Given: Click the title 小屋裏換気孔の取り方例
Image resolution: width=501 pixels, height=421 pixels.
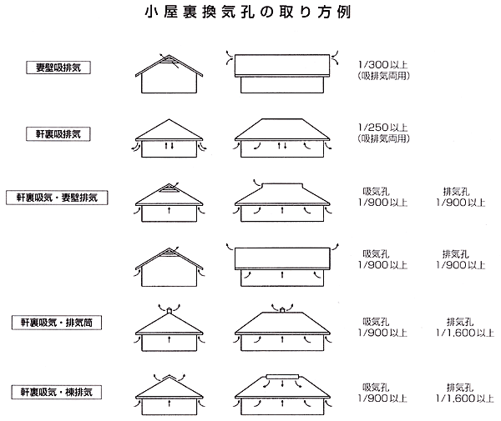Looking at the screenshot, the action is coord(248,13).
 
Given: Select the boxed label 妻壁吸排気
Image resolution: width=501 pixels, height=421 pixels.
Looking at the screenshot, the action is coord(58,68).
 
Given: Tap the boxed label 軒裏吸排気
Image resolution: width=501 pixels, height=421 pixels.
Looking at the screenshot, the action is coord(58,134).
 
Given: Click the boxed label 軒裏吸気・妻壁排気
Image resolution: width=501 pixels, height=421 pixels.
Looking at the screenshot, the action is coord(57,198).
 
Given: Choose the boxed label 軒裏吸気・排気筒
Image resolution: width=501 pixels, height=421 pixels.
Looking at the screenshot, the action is coord(57,323).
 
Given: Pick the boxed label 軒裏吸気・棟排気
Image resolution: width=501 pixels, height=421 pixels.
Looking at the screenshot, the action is coord(57,392).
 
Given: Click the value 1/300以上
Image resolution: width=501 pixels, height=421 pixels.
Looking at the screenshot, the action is coord(382,65).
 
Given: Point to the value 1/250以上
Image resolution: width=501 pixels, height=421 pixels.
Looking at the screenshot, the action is coord(382,128).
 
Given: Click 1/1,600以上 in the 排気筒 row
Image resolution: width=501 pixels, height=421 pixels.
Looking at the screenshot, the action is coord(465,333).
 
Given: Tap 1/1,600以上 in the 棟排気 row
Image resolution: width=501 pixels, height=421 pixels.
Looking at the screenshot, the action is coord(465,398).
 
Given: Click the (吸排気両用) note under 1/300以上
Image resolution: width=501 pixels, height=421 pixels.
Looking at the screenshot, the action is coord(383,76).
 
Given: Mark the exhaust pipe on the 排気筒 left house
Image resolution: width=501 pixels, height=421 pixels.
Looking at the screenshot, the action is coord(169,310).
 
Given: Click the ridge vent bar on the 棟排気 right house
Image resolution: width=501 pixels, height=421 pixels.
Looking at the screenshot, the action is coord(282,376).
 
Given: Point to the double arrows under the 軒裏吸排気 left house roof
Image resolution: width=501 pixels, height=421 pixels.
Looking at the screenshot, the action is coord(169,146).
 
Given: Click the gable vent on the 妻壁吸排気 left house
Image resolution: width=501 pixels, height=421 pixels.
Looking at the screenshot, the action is coord(169,61).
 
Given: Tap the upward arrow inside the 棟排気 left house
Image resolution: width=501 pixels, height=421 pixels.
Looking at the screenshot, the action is coord(169,403).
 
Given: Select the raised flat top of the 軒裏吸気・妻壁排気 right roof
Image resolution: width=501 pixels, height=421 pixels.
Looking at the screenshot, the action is coord(282,185).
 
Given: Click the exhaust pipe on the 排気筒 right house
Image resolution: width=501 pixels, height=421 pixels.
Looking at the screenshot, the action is coord(282,309).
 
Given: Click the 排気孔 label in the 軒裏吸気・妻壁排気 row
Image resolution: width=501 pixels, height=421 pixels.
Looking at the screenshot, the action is coord(456,192).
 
